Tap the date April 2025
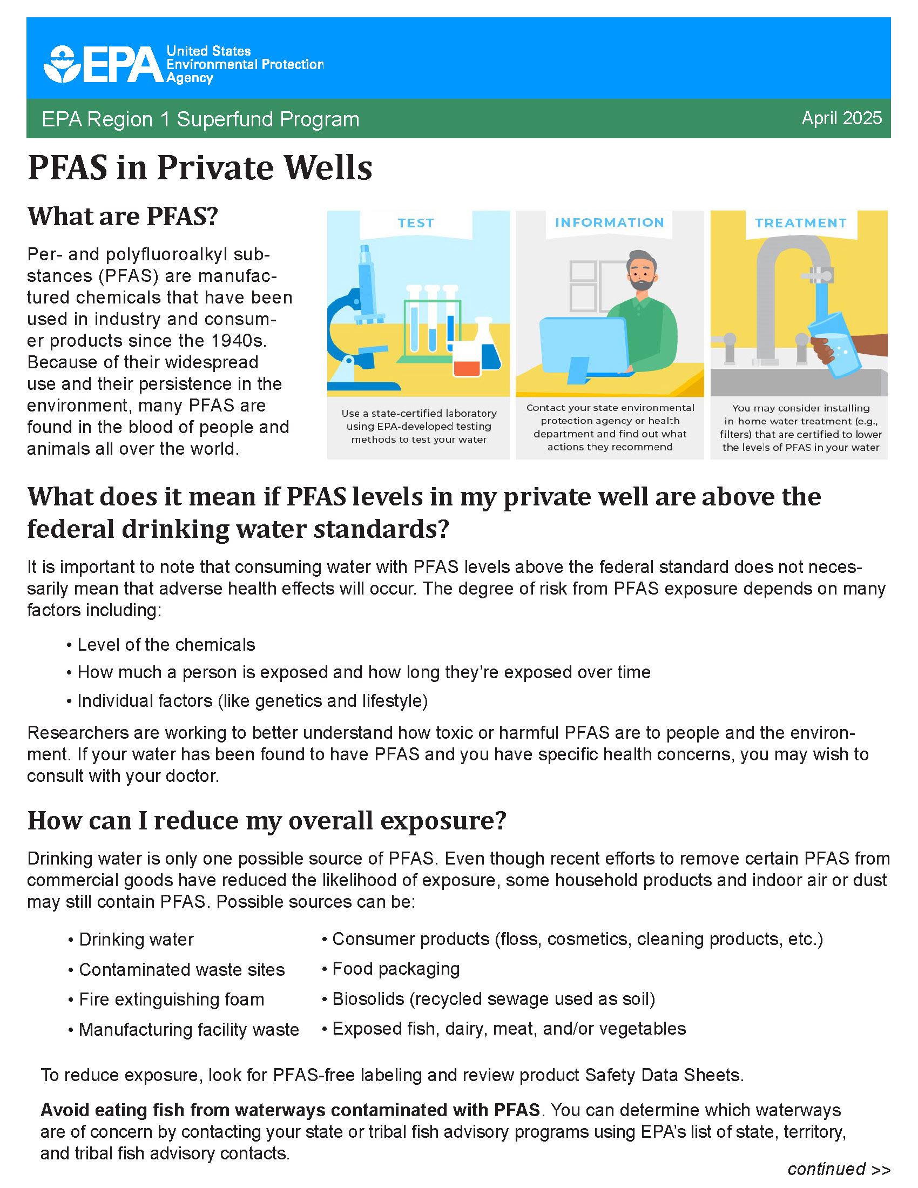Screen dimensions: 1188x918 pos(841,118)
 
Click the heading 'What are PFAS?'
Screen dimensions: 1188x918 pos(123,216)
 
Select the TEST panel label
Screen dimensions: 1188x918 pos(415,223)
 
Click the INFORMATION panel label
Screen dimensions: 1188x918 pos(609,222)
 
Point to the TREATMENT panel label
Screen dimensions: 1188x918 pos(800,223)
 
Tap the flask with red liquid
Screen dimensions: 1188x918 pos(467,359)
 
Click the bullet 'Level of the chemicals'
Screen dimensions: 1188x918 pos(166,645)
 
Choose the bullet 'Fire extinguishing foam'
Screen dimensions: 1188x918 pos(171,999)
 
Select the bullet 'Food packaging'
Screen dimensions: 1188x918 pos(395,969)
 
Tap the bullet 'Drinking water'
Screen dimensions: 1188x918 pos(136,940)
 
